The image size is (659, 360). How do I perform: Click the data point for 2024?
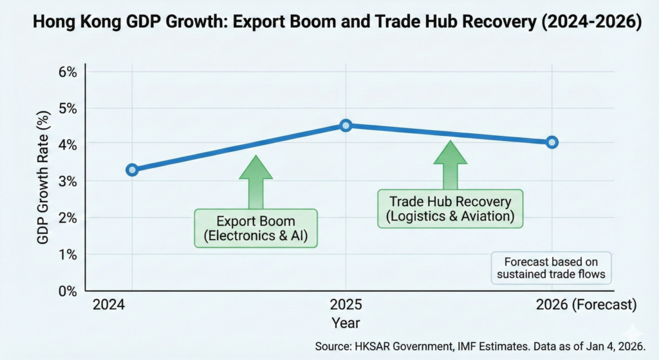click(x=132, y=170)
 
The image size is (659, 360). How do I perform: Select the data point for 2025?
click(x=346, y=125)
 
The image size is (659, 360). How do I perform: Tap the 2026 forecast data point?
click(x=552, y=142)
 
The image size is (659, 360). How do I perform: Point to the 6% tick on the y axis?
click(x=67, y=71)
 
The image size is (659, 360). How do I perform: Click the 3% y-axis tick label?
click(x=67, y=182)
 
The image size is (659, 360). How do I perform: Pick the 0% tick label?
click(x=67, y=291)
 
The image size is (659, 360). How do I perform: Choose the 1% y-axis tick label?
click(x=67, y=255)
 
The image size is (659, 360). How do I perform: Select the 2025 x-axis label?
click(x=346, y=305)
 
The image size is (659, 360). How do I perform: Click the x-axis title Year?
click(x=346, y=322)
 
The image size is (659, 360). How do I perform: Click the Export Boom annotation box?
click(x=256, y=227)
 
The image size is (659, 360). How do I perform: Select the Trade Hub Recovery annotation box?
click(x=450, y=209)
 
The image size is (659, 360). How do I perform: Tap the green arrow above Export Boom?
click(x=256, y=182)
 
